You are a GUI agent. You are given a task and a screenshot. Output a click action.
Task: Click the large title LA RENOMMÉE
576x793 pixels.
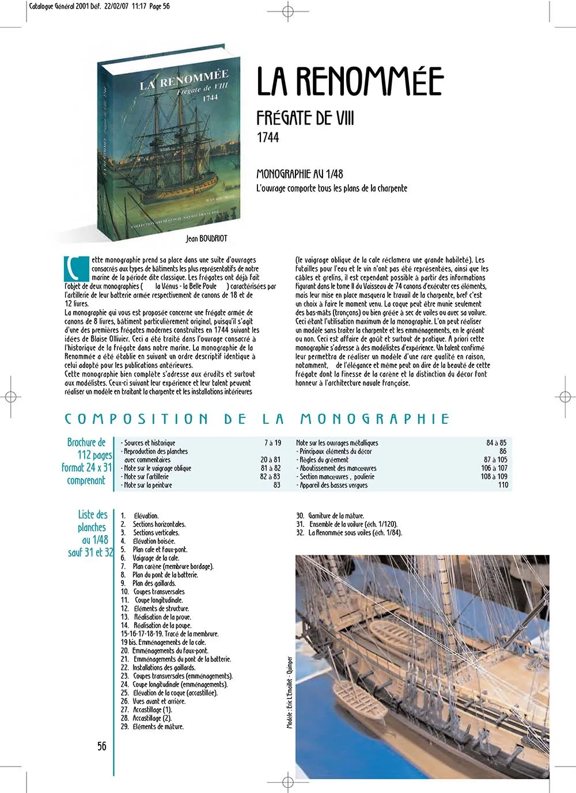point(350,81)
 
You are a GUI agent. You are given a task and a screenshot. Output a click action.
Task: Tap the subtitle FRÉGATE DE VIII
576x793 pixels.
point(305,118)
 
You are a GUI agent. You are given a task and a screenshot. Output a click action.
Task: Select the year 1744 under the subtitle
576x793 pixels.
point(268,138)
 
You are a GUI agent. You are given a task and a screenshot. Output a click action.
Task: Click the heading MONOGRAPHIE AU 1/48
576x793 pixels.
point(300,174)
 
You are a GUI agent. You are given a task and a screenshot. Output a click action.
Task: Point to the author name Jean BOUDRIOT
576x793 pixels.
point(206,238)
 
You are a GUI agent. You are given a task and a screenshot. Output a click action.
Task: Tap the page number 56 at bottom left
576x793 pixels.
point(102,746)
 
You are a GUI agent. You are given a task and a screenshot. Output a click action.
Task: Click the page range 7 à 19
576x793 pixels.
point(272,443)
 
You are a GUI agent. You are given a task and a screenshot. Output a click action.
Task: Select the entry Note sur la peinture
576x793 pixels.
point(147,485)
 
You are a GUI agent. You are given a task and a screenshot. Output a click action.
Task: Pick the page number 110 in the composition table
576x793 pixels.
point(503,485)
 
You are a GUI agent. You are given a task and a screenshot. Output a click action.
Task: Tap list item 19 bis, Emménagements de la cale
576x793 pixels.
point(163,642)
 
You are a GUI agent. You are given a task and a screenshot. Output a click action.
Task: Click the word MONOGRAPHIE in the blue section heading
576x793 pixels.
point(374,419)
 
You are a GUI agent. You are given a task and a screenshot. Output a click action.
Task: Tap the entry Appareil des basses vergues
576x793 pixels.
point(333,485)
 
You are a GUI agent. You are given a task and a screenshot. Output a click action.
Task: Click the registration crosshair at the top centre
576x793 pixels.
point(288,11)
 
